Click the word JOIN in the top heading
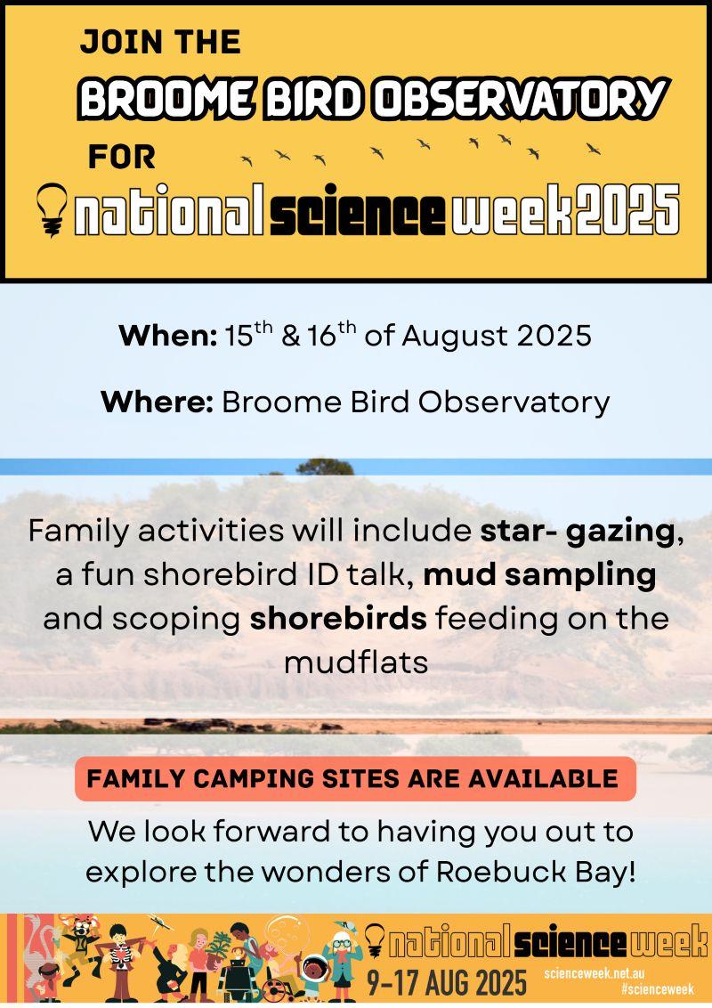coord(121,43)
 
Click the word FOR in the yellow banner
coord(121,157)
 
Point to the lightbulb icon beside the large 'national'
coord(52,209)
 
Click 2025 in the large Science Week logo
coord(627,209)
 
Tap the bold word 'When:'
coord(167,337)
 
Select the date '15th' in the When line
coord(248,334)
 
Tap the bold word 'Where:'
coord(157,403)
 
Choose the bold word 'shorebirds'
coord(338,619)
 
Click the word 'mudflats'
coord(356,663)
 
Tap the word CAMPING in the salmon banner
coord(253,779)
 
